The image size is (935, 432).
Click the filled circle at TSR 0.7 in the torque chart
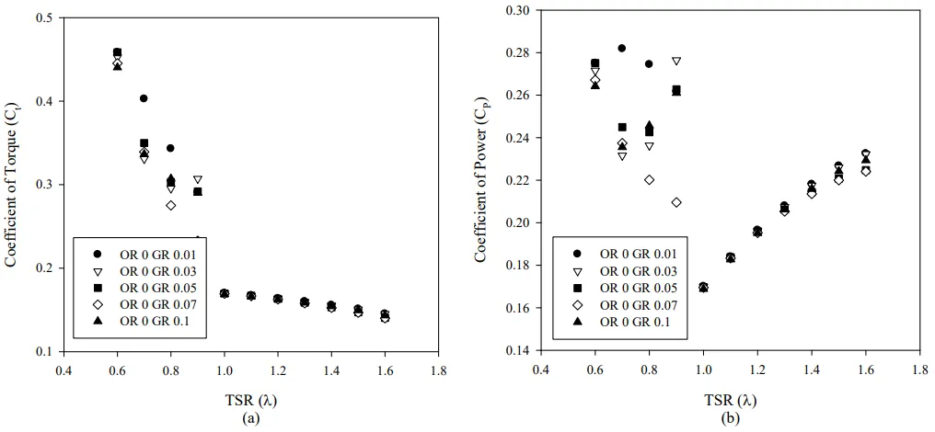tap(144, 98)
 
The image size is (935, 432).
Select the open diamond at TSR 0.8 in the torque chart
tap(170, 205)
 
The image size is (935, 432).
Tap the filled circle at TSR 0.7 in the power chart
tap(622, 48)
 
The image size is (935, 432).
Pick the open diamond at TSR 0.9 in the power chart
tap(676, 202)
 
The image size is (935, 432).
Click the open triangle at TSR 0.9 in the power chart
tap(676, 61)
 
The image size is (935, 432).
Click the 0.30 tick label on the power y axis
tap(518, 10)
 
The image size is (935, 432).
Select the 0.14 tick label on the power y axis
tap(518, 350)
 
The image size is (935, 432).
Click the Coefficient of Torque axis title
tap(12, 184)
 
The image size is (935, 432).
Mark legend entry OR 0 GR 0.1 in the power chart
tap(634, 321)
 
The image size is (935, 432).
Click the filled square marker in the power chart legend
tap(578, 287)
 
